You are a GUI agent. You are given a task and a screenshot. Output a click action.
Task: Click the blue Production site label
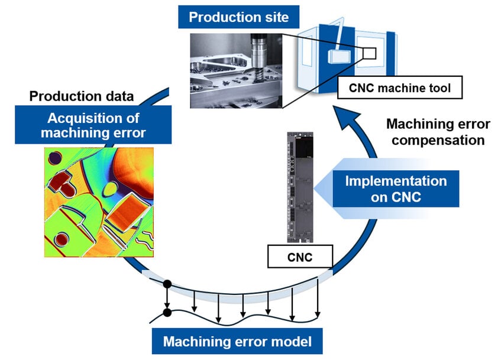click(x=238, y=17)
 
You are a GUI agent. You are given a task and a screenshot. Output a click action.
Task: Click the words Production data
click(x=82, y=96)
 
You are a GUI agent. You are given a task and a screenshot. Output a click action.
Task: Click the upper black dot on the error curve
click(x=167, y=284)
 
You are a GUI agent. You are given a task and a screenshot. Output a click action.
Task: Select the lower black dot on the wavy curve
click(x=167, y=312)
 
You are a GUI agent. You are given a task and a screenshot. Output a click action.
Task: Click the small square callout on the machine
click(x=370, y=54)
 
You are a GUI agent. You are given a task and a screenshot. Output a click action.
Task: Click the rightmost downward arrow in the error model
click(x=318, y=299)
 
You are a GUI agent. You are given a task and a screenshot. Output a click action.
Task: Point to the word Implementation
click(x=395, y=180)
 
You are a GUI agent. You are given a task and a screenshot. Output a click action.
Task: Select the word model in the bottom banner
click(x=299, y=341)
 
